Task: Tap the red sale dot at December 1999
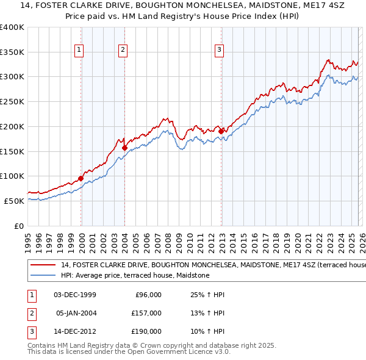(x=81, y=178)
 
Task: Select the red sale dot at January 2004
(x=124, y=147)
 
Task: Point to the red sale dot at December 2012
(x=221, y=131)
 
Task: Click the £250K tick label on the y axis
(x=12, y=101)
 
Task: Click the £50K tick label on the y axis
(x=15, y=201)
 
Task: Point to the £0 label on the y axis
(x=20, y=226)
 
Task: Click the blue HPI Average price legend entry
(x=135, y=276)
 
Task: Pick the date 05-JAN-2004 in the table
(x=76, y=313)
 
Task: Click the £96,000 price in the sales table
(x=148, y=295)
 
